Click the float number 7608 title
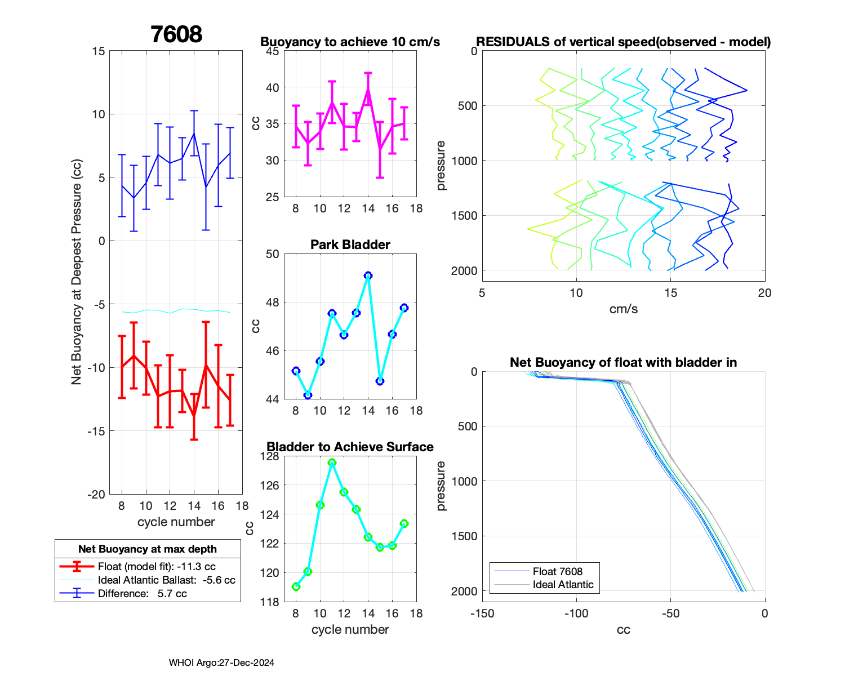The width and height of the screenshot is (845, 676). (176, 34)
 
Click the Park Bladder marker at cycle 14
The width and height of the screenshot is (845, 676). (368, 275)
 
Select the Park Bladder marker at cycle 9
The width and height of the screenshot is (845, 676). (308, 395)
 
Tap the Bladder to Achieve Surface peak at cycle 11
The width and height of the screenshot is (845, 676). (332, 462)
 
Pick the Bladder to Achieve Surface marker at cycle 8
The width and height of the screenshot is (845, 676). (296, 586)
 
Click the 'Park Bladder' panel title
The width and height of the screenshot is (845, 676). (350, 244)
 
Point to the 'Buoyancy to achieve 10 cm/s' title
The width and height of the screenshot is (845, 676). (350, 42)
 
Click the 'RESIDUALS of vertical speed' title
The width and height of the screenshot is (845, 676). (623, 42)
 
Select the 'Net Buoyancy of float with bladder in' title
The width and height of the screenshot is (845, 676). (623, 362)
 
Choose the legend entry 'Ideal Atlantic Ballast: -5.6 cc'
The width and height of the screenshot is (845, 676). (166, 580)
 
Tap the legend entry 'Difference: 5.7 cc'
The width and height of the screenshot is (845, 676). (142, 593)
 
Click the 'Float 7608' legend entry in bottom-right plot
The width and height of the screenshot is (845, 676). (557, 571)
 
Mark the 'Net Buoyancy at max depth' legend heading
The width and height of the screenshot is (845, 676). (148, 549)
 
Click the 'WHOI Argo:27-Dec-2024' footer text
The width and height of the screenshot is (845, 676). (221, 662)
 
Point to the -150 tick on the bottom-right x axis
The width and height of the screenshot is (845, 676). (482, 613)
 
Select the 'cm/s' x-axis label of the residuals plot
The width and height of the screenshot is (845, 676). (623, 309)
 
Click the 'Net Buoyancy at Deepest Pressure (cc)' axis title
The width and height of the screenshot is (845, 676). (77, 273)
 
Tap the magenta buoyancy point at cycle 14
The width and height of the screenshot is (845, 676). (368, 88)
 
